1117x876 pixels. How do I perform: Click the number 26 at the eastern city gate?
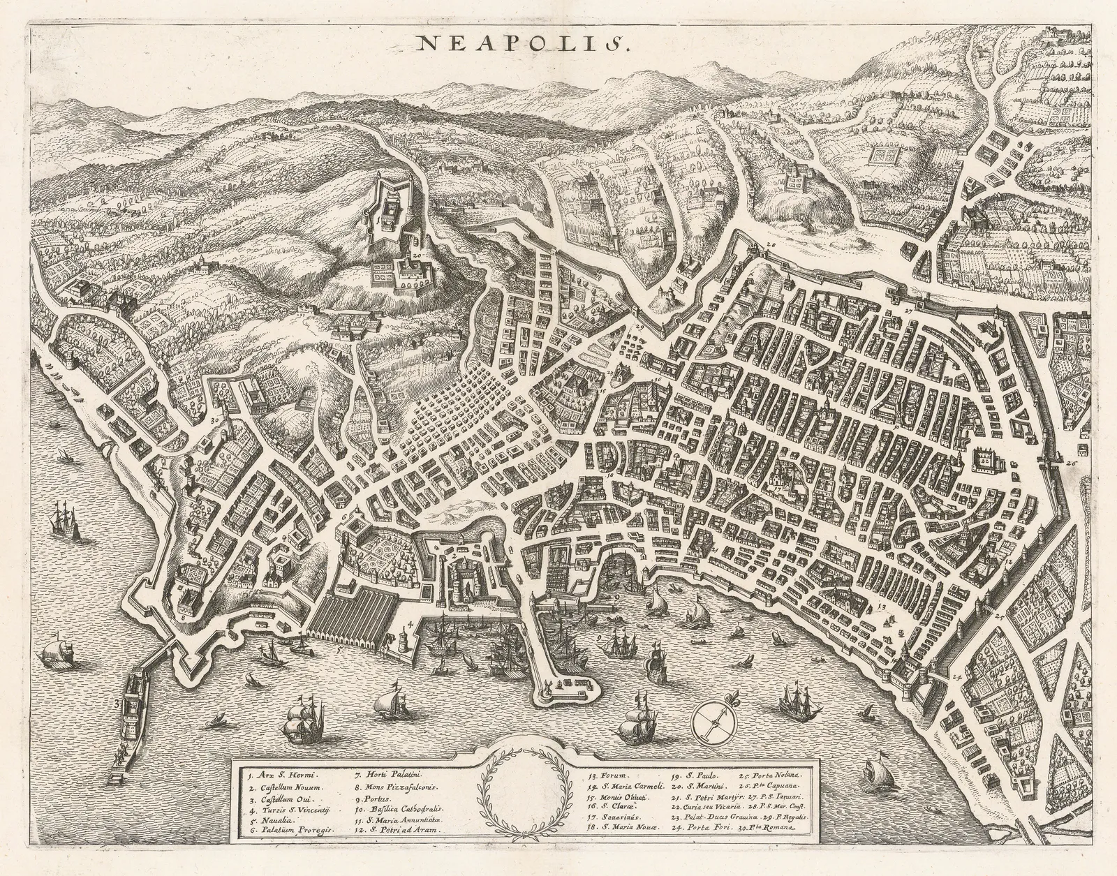[1072, 463]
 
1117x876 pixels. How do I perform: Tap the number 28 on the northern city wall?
[770, 245]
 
